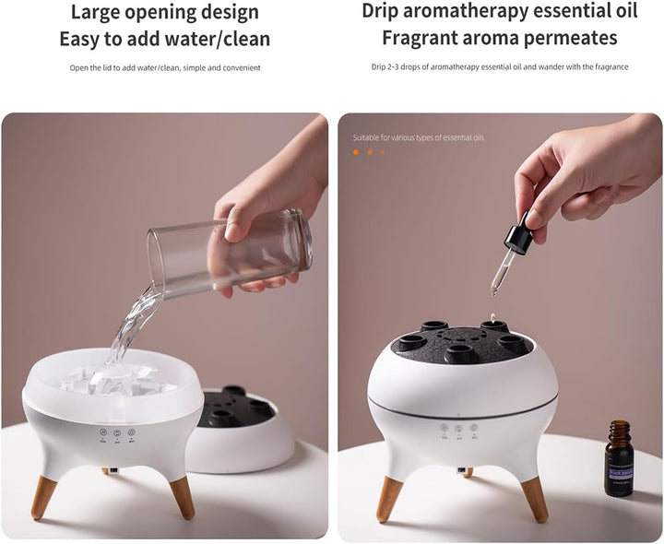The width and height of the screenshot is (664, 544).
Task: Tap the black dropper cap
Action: click(x=519, y=235)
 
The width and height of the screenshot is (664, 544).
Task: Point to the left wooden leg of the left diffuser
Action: click(x=43, y=497)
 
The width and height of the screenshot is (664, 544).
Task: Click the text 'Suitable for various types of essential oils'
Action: click(x=418, y=137)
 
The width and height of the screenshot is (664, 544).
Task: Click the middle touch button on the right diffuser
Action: click(x=458, y=428)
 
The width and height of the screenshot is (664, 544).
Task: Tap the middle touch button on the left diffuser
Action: click(x=117, y=432)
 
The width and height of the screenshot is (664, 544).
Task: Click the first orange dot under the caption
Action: click(x=356, y=152)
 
